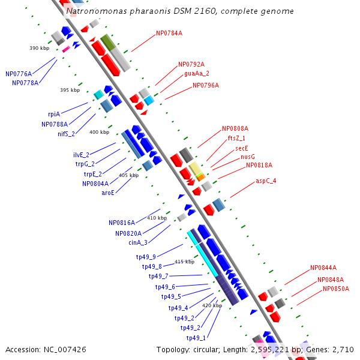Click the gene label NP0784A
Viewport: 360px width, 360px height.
[x=169, y=33]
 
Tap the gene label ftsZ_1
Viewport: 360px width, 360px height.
[x=236, y=137]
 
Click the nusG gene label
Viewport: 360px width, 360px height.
[x=248, y=156]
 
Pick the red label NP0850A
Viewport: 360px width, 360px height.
[x=336, y=289]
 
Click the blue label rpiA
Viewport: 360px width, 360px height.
[x=54, y=113]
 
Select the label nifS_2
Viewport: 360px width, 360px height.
[x=67, y=134]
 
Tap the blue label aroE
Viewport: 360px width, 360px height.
[x=108, y=193]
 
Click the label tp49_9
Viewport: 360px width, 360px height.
[x=146, y=257]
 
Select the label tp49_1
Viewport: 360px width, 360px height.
[x=196, y=338]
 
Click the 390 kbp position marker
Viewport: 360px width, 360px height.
[x=39, y=48]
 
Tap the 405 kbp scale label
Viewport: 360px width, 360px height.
[x=128, y=175]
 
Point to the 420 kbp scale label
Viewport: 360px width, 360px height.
[x=212, y=305]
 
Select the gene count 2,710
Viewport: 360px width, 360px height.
[x=342, y=349]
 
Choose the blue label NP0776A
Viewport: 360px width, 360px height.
[x=19, y=74]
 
